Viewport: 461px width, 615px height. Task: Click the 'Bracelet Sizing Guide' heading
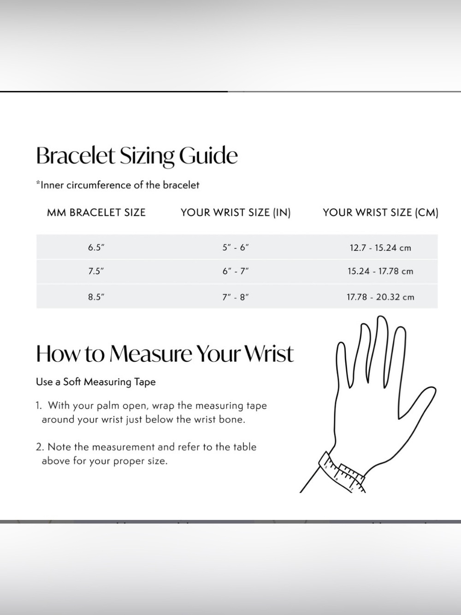point(137,156)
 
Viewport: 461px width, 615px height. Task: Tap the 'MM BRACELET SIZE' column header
point(96,213)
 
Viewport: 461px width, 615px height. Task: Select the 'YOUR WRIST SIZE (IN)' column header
point(236,213)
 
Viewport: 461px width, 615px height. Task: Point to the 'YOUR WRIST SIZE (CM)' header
point(381,213)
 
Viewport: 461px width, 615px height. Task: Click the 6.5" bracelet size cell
point(96,247)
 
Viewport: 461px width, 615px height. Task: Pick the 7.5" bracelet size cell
point(96,271)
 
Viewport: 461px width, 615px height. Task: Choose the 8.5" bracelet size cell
point(96,297)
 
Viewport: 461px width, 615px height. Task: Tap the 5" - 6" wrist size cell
point(236,247)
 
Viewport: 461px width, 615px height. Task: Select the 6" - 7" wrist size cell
point(236,271)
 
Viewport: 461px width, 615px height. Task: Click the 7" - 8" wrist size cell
point(236,297)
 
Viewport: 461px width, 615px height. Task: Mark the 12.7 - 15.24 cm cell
point(380,248)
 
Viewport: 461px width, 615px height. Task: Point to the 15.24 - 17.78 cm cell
point(380,271)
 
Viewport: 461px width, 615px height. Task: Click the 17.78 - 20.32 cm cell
point(380,297)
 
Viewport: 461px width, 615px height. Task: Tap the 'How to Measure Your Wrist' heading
point(165,353)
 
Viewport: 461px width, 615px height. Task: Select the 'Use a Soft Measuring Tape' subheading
point(96,382)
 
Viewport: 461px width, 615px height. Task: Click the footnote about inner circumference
point(118,185)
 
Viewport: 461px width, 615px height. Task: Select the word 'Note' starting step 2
point(59,447)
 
